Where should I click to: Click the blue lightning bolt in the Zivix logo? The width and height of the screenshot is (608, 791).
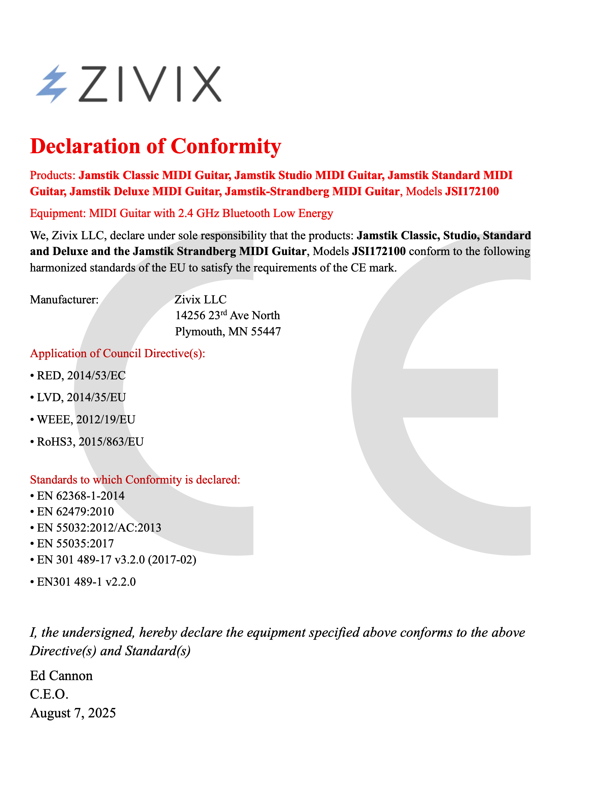[52, 84]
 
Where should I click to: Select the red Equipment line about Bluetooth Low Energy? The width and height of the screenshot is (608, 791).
[181, 213]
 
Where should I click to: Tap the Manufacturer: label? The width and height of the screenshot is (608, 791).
[64, 299]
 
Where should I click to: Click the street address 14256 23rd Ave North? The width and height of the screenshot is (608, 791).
[227, 316]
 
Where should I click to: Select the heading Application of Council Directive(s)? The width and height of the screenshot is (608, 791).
[118, 353]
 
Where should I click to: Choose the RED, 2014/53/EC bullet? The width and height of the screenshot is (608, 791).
[81, 376]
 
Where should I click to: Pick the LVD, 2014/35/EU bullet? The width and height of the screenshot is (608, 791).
[81, 398]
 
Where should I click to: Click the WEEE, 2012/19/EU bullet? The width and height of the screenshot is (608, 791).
[86, 420]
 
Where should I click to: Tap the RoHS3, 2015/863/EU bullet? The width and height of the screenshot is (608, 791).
[90, 442]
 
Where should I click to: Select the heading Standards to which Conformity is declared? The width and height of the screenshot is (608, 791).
[135, 480]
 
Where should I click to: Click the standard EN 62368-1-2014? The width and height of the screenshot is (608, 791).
[80, 496]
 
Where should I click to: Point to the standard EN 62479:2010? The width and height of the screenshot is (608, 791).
[75, 512]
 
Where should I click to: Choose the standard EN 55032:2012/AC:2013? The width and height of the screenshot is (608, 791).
[99, 528]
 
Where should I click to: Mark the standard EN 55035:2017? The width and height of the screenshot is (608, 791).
[75, 544]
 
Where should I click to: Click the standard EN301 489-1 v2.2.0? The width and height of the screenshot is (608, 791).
[86, 582]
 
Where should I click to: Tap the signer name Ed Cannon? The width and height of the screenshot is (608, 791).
[62, 676]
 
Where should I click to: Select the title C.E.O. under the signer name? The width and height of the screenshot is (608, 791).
[49, 694]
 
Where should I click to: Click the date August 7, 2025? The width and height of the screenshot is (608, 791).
[73, 713]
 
